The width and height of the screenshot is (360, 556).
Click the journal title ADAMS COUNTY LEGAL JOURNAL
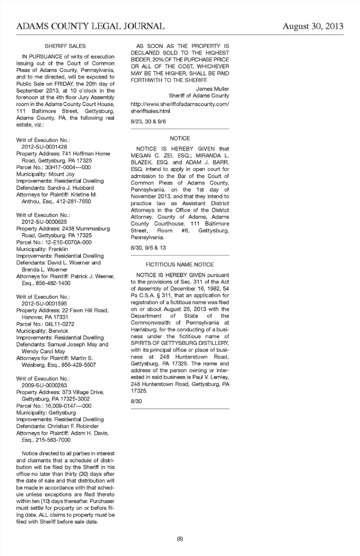90,26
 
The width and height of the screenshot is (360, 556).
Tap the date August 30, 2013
313,26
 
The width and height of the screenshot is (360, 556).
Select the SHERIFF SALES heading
65,46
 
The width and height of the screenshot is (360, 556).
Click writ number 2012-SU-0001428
44,147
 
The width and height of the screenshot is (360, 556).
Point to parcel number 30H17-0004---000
68,167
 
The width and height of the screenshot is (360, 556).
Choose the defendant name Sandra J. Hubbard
70,188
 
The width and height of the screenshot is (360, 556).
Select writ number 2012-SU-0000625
44,222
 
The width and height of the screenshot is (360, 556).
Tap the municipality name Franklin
58,249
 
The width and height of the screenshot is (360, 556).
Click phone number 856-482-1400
53,283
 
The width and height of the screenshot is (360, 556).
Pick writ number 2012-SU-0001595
44,304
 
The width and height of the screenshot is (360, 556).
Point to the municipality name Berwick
58,331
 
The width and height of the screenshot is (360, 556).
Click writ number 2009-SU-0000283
44,385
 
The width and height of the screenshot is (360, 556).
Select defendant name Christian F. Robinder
73,426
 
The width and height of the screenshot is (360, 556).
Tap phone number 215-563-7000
53,440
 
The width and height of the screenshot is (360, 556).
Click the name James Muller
212,89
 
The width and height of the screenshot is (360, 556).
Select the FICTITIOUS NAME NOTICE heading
180,265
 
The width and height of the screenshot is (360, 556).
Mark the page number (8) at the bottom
180,539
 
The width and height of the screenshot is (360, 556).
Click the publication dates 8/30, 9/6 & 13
148,248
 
